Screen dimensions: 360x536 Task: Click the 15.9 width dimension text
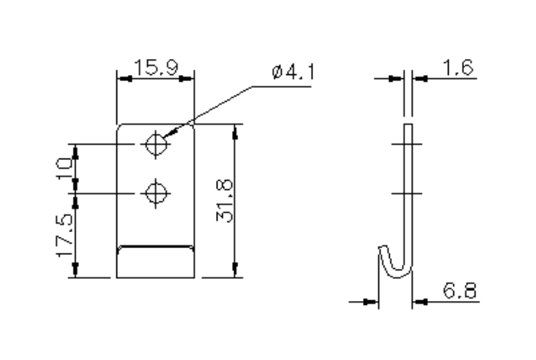point(155,67)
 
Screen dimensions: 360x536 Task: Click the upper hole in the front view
point(157,144)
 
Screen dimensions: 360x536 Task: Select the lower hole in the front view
point(157,192)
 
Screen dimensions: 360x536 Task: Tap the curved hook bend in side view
point(395,265)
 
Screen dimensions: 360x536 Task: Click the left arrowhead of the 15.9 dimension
point(120,77)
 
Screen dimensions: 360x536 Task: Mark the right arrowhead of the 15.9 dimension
point(191,77)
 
